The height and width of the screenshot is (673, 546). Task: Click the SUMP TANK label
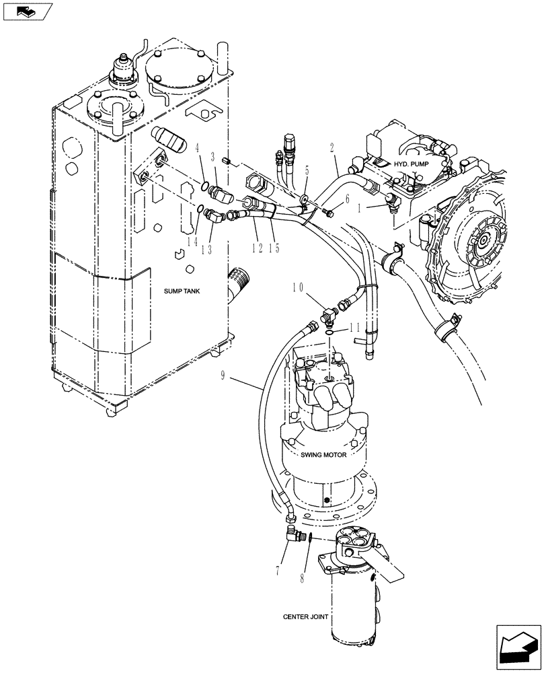point(183,290)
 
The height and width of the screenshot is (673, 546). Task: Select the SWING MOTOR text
point(324,456)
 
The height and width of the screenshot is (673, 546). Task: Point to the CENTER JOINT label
point(305,616)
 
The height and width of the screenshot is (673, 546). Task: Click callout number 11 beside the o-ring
point(356,327)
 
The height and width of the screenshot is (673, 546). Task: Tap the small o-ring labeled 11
point(327,332)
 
